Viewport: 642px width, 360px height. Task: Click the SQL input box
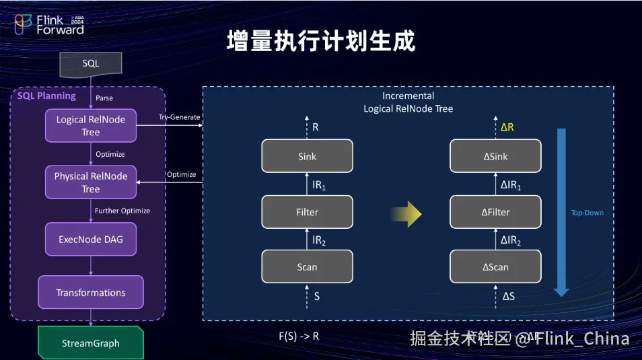(91, 63)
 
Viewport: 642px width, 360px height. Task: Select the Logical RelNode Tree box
(91, 126)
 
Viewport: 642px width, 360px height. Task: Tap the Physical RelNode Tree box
(91, 182)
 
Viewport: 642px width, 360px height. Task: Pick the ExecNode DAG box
(91, 238)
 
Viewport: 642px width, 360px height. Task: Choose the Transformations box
(91, 293)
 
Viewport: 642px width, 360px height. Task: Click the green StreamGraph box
(91, 343)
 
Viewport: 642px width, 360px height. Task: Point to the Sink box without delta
(307, 156)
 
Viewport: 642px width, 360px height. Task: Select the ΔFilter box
(495, 212)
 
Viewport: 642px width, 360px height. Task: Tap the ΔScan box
(495, 267)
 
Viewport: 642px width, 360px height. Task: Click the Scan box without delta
(307, 267)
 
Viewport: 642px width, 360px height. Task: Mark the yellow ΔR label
(508, 127)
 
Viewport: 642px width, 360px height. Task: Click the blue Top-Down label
(587, 213)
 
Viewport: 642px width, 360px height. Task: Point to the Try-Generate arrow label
(179, 117)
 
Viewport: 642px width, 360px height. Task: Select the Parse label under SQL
(104, 98)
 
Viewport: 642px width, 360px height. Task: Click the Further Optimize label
(122, 211)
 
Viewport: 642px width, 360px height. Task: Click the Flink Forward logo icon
(24, 24)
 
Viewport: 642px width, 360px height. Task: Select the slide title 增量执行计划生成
(321, 40)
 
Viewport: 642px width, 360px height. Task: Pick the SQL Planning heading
(46, 96)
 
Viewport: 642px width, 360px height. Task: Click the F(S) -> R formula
(299, 335)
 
